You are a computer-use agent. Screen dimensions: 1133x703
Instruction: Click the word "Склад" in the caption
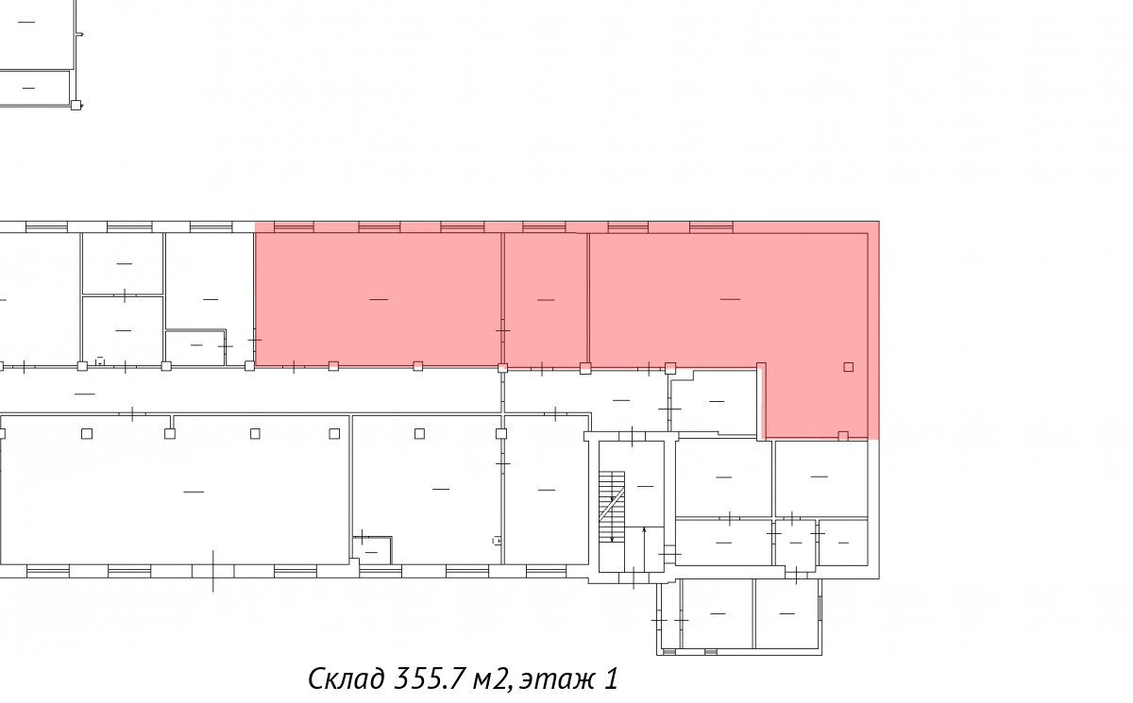347,678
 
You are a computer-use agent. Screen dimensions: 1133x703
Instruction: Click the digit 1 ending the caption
612,678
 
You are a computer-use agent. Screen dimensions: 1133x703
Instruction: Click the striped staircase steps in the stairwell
612,507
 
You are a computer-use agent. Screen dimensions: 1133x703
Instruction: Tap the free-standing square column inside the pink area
848,367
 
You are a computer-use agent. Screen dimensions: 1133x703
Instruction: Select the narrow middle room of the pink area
546,299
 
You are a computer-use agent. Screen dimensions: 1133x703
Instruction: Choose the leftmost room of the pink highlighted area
379,299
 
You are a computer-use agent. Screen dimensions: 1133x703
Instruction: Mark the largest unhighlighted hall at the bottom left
175,491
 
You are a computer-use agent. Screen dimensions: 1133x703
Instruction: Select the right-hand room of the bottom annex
787,613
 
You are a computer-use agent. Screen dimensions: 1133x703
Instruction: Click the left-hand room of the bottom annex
718,613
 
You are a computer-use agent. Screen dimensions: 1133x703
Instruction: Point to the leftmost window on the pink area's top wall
294,226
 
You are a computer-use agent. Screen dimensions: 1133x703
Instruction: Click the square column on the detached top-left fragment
76,105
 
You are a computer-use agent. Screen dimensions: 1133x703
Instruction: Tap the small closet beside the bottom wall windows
372,551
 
